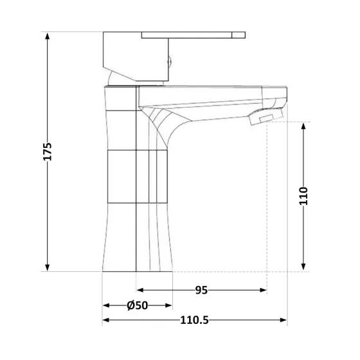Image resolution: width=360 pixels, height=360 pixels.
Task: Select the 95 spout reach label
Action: [201, 291]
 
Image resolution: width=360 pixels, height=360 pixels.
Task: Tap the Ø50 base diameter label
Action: [138, 306]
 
